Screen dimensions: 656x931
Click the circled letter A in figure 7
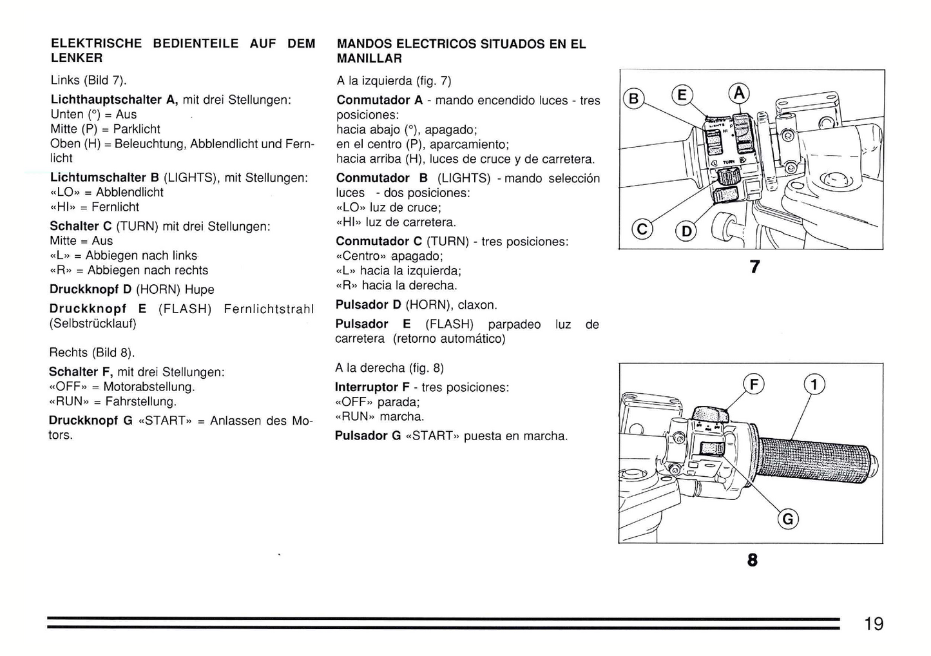(739, 94)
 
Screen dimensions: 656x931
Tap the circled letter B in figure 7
(634, 98)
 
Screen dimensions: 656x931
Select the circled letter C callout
(642, 229)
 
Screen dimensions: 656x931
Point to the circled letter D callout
(687, 231)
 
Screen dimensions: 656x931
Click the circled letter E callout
(682, 95)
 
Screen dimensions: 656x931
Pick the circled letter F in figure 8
(754, 385)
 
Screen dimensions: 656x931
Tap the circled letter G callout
(788, 519)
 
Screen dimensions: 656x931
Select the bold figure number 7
(754, 266)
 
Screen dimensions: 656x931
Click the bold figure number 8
(752, 560)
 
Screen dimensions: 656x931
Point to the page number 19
(874, 623)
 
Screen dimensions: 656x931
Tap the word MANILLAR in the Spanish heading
(369, 59)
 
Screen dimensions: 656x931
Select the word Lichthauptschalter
(106, 100)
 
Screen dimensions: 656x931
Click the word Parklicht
(137, 129)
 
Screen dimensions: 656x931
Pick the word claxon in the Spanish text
(477, 305)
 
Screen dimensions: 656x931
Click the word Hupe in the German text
(199, 289)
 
